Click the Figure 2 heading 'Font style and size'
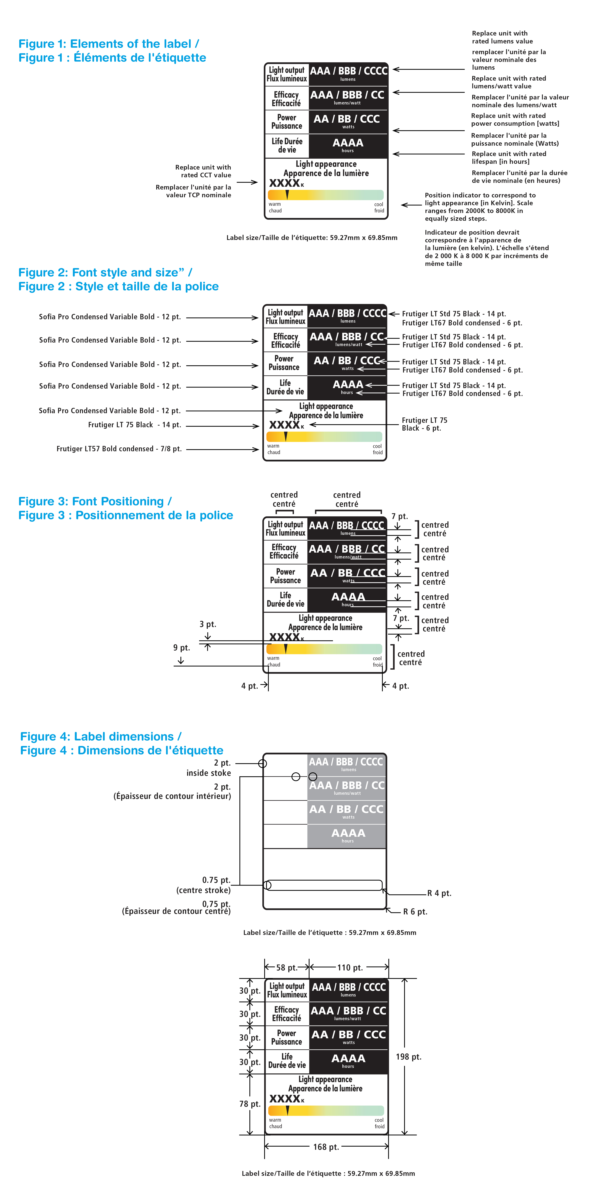tap(105, 273)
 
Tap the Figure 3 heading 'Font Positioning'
tap(95, 501)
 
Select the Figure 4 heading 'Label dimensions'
tap(100, 737)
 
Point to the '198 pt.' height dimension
tap(408, 1057)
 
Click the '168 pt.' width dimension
tap(326, 1147)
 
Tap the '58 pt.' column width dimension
tap(287, 967)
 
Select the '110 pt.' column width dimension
tap(350, 967)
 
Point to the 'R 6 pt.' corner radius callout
tap(415, 911)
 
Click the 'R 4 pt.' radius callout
tap(439, 893)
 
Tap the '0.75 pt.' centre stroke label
tap(216, 880)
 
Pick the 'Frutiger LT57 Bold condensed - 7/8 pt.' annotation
tap(119, 449)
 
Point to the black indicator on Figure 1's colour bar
tap(287, 194)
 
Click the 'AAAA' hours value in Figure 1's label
tap(348, 143)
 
